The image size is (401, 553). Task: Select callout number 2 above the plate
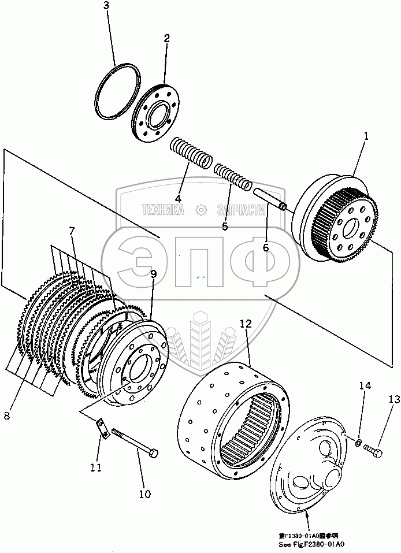point(166,39)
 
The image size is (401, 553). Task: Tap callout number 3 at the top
point(106,6)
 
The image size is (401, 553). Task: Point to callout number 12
point(246,325)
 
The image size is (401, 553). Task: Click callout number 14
point(363,385)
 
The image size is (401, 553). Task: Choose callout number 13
point(393,399)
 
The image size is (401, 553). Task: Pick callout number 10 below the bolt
point(144,493)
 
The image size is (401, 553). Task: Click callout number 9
point(154,274)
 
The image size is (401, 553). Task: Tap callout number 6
point(266,248)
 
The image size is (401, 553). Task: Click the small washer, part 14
point(359,443)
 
